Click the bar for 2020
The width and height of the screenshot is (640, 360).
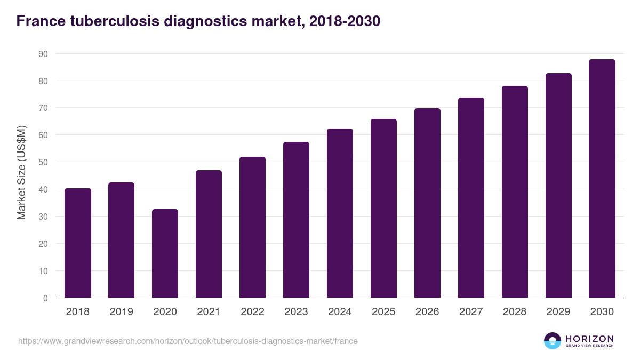165,253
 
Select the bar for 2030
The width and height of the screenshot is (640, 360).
602,179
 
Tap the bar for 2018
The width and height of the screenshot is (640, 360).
77,243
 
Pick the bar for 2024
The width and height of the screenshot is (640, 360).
340,213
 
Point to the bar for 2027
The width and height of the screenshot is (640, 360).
471,198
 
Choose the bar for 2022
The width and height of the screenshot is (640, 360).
252,227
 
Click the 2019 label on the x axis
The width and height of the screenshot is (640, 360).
121,312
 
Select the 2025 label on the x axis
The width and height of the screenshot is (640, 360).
383,312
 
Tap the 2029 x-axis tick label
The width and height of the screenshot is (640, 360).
558,312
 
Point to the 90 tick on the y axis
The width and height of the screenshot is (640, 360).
43,54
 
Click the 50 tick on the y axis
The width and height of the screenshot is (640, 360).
43,162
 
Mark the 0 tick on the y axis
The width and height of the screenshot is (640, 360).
45,298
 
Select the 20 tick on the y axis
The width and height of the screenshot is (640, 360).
43,244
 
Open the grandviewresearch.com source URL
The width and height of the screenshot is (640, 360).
188,341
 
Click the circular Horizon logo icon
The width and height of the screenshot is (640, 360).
553,341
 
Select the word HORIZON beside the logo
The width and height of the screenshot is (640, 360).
589,338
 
